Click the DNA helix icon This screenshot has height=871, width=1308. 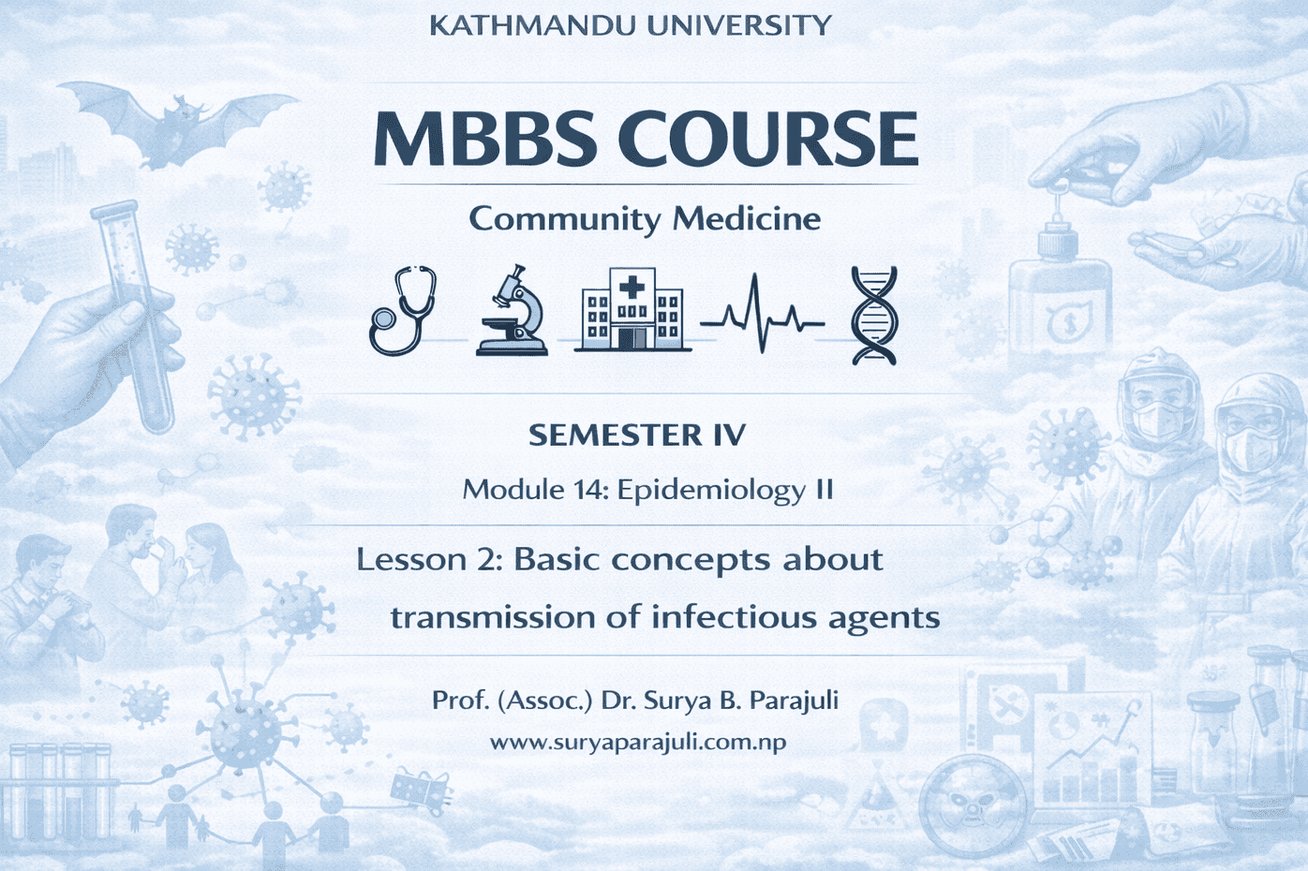(x=873, y=316)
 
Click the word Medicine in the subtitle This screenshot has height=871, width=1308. (x=747, y=219)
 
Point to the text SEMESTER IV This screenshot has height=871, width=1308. (x=637, y=435)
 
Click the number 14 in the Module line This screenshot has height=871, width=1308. (x=587, y=490)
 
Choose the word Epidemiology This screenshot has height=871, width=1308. (x=710, y=492)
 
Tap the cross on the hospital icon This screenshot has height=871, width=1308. (x=632, y=288)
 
